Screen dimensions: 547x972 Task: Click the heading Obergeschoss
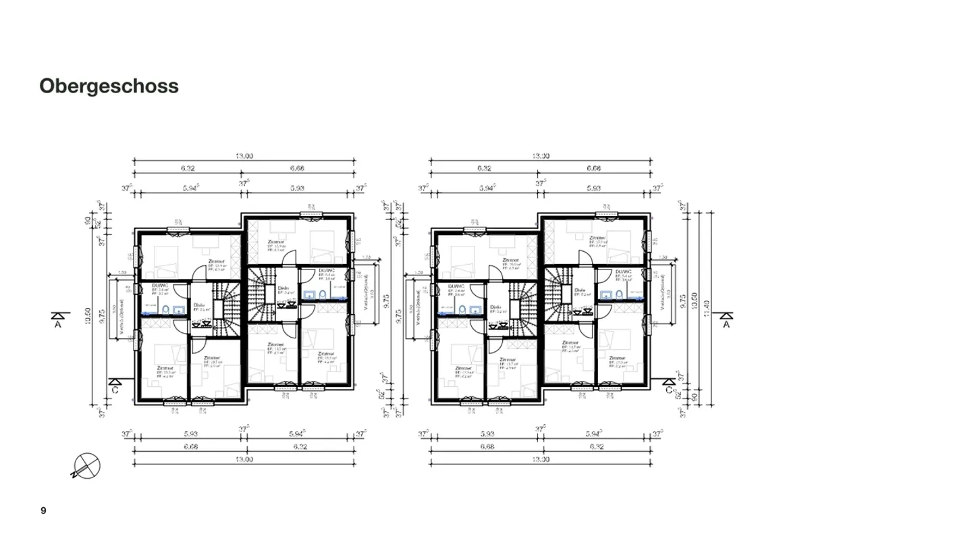point(109,86)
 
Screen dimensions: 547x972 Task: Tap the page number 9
point(43,511)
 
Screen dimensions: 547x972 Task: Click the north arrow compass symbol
point(86,465)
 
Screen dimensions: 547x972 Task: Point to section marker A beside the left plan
point(59,319)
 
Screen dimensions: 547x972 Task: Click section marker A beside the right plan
point(726,319)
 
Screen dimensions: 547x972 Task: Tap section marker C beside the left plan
point(115,386)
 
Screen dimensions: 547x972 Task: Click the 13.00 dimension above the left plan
point(244,156)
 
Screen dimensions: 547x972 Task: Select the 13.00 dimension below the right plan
point(540,460)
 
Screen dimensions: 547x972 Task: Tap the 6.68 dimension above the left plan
point(299,169)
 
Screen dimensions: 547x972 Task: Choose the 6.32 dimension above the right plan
point(484,169)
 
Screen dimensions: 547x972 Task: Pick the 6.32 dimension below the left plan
point(299,446)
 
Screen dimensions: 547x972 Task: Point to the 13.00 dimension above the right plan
point(540,156)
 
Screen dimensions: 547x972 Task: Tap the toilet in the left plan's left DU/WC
point(163,309)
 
